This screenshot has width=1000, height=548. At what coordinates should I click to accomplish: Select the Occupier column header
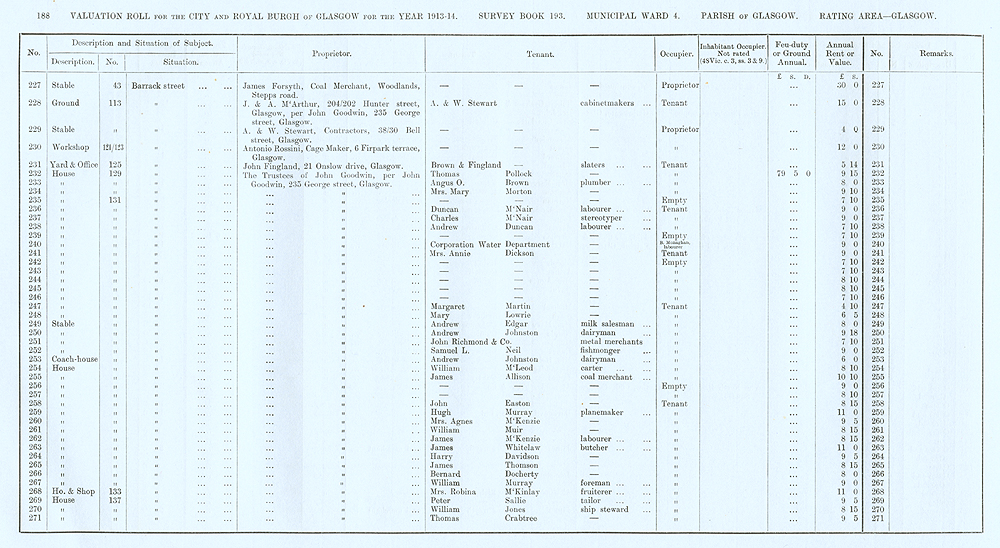click(x=673, y=54)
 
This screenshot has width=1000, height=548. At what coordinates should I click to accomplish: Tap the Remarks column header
click(x=935, y=54)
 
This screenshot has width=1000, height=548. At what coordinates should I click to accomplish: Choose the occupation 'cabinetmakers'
click(x=612, y=102)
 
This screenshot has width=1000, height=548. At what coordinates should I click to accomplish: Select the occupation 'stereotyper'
click(x=606, y=218)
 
